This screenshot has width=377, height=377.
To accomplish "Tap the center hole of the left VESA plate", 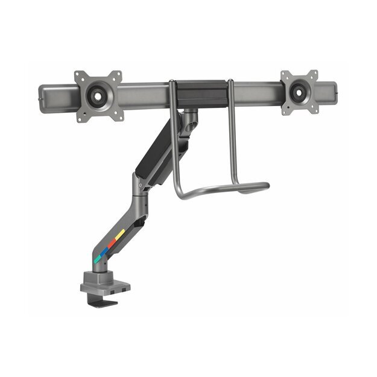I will tap(98, 95).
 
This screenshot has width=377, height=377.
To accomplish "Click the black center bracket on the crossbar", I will tap(198, 90).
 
